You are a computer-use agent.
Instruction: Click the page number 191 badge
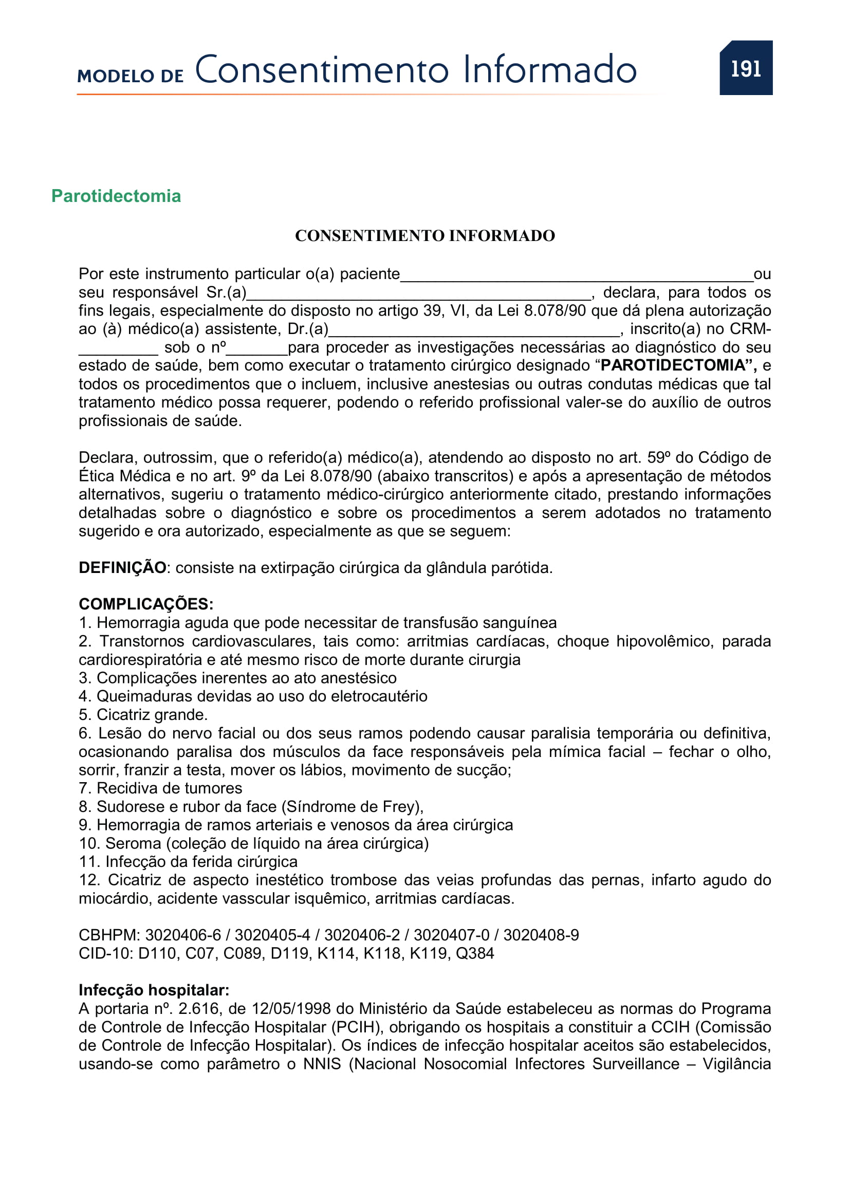click(x=745, y=68)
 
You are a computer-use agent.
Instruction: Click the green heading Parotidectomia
click(x=116, y=196)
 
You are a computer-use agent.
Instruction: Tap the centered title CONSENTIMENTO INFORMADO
click(x=424, y=235)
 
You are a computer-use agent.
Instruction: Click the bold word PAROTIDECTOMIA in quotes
click(x=673, y=365)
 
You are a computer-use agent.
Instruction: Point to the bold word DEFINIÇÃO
click(x=122, y=567)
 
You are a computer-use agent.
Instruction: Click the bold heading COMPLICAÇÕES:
click(x=146, y=604)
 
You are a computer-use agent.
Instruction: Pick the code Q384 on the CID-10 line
click(x=474, y=953)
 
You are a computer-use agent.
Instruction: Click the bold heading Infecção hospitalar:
click(x=154, y=990)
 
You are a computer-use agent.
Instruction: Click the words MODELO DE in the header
click(x=131, y=77)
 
